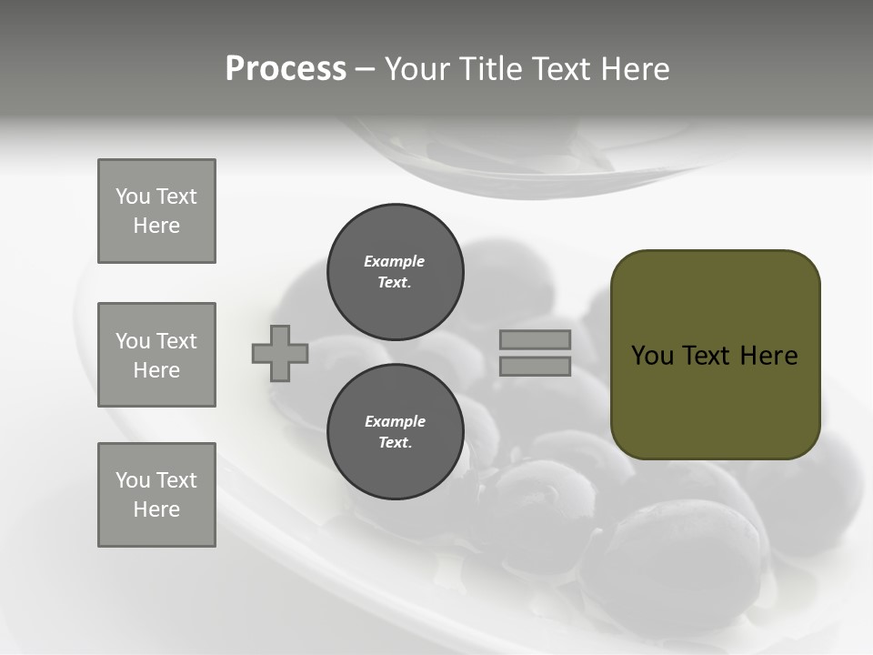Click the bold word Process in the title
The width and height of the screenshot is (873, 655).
click(x=286, y=69)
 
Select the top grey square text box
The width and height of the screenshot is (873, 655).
click(x=156, y=211)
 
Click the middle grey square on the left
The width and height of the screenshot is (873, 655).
click(x=156, y=355)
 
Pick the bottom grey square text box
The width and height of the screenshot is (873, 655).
click(x=156, y=495)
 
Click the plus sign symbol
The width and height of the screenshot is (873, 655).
click(x=280, y=353)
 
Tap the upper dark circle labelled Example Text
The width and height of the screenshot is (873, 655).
click(x=395, y=272)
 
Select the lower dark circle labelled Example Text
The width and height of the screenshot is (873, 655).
click(x=395, y=432)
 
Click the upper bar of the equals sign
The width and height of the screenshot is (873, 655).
click(x=535, y=339)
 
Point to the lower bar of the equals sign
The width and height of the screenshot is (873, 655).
click(x=535, y=366)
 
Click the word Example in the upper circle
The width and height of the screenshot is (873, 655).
click(x=395, y=261)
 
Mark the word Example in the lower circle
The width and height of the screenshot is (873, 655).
click(x=395, y=421)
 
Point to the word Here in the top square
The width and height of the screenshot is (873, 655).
click(x=156, y=226)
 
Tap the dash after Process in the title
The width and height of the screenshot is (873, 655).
click(x=365, y=69)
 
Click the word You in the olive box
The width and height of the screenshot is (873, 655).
click(x=652, y=356)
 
